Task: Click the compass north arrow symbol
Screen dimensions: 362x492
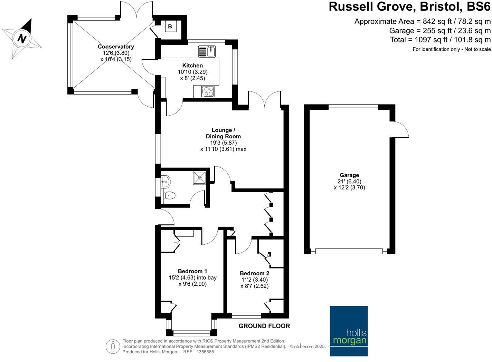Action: click(x=22, y=38)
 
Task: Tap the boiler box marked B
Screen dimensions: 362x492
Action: click(x=170, y=27)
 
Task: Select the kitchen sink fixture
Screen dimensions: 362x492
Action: click(x=207, y=52)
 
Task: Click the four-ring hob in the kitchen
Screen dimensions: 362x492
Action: click(x=208, y=91)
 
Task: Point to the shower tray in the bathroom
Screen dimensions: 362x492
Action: click(x=200, y=177)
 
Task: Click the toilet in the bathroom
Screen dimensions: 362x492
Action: click(x=169, y=196)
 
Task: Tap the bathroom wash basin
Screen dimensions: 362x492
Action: click(x=165, y=181)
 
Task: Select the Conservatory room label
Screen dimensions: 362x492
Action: click(x=116, y=47)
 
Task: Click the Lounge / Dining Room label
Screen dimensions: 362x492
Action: click(x=223, y=133)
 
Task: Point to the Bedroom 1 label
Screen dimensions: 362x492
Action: click(x=192, y=271)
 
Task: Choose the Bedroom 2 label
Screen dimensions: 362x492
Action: click(x=254, y=273)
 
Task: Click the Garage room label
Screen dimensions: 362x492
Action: click(x=349, y=175)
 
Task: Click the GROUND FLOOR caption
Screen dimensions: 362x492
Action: click(x=264, y=326)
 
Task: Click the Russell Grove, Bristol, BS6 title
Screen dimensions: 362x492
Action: click(x=409, y=7)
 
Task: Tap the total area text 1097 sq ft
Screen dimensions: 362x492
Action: click(x=440, y=40)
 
